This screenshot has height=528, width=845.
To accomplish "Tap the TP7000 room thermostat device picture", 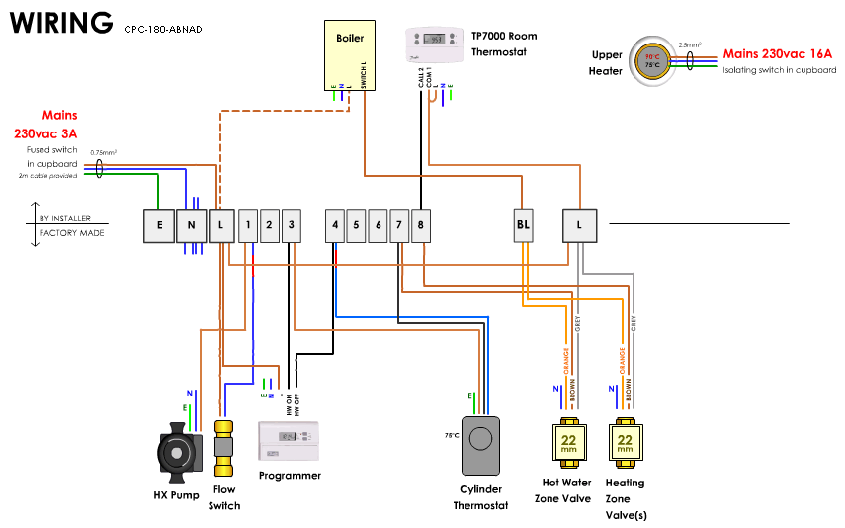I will (x=435, y=44).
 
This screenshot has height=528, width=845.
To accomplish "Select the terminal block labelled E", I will (x=159, y=225).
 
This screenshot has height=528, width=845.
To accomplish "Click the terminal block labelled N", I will (x=192, y=225).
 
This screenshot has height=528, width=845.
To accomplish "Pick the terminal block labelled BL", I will (x=524, y=225).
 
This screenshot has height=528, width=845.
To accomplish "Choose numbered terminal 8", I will (x=421, y=225).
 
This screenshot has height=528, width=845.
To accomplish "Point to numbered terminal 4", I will (x=335, y=225).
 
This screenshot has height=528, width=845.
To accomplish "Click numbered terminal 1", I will (x=247, y=225).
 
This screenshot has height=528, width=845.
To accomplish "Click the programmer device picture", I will (x=289, y=441).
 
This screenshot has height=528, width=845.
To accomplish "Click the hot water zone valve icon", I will (x=568, y=444).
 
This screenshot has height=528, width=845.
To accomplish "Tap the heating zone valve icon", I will (x=625, y=444).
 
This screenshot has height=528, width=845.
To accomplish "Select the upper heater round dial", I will (x=652, y=61).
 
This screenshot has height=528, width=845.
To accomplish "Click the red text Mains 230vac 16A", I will (x=778, y=54).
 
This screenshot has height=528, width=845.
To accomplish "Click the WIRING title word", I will (x=61, y=22).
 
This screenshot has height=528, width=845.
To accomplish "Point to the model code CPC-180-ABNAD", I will (x=163, y=30).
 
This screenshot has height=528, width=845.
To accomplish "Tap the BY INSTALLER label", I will (x=65, y=218).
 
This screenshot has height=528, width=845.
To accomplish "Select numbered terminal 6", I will (x=378, y=225).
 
